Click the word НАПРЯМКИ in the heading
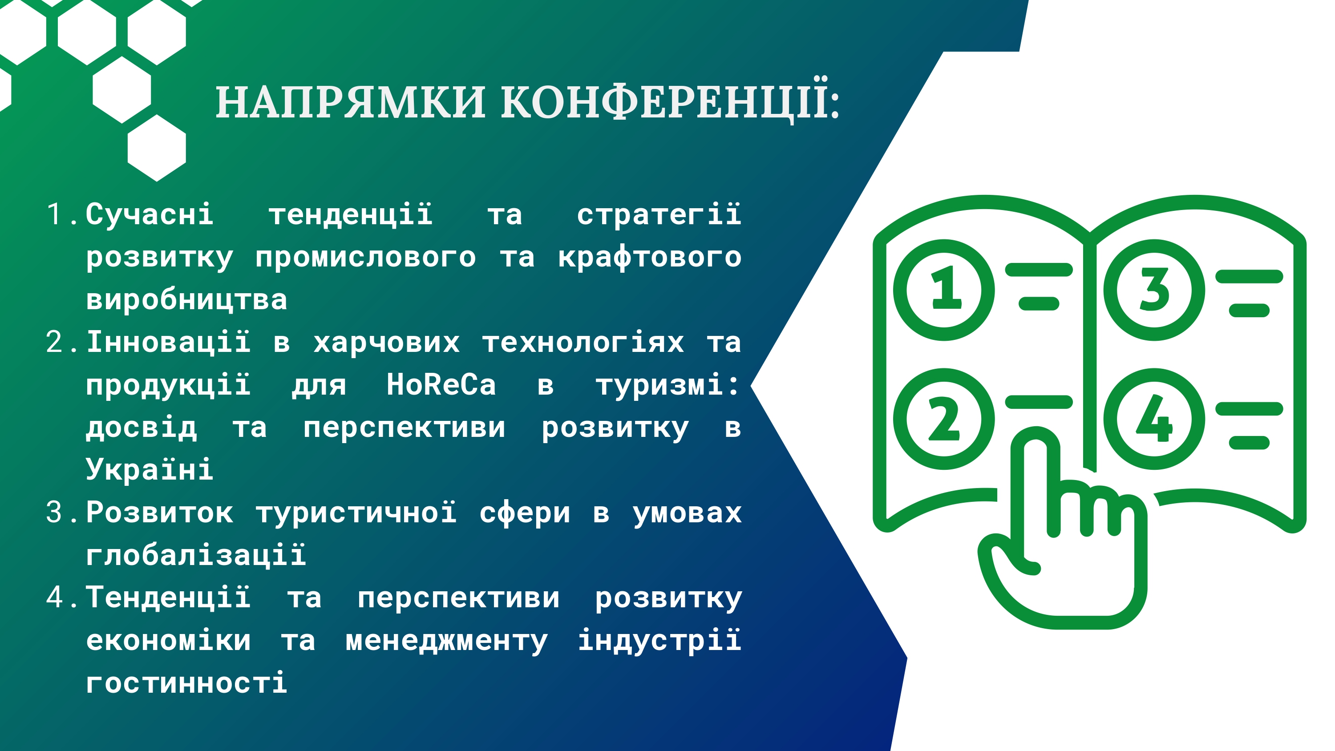(x=350, y=102)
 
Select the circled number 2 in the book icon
(x=944, y=419)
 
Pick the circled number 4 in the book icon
(x=1155, y=419)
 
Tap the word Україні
(x=149, y=468)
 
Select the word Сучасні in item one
(x=149, y=214)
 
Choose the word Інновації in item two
(x=168, y=342)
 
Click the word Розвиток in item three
(x=160, y=512)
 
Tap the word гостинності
(x=186, y=682)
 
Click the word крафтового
(x=649, y=257)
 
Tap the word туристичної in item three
(x=356, y=512)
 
